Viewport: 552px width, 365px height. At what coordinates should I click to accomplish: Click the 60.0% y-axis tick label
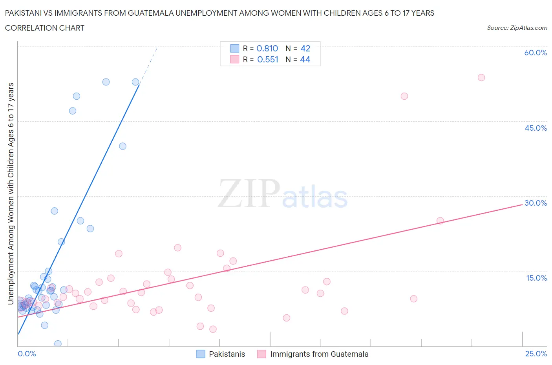click(535, 53)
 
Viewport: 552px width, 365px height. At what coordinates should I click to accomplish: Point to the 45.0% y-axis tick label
click(536, 128)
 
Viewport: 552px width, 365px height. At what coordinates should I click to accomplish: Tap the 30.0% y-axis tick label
click(536, 203)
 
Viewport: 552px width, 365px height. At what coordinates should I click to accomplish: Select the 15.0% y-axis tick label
click(536, 278)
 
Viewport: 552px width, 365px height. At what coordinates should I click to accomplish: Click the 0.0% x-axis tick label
click(27, 354)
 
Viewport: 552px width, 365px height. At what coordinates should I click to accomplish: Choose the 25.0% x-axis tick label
click(536, 354)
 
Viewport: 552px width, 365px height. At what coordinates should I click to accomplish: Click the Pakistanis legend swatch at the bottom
click(201, 354)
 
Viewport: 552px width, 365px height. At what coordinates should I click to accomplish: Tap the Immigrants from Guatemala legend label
click(319, 354)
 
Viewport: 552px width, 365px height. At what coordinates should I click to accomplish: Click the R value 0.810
click(267, 48)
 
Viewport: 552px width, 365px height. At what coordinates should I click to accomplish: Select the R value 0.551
click(267, 59)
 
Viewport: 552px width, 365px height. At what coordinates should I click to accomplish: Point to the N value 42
click(305, 48)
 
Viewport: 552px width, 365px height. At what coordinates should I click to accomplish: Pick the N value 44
click(305, 59)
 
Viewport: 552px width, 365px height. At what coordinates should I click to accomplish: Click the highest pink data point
click(481, 77)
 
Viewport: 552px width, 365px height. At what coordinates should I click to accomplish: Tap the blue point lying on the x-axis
click(58, 344)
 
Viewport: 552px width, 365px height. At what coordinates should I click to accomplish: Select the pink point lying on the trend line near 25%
click(440, 221)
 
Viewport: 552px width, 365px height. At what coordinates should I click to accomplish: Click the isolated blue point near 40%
click(122, 146)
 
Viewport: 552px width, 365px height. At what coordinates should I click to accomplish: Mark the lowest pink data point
click(213, 329)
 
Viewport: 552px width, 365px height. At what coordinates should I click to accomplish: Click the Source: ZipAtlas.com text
click(517, 27)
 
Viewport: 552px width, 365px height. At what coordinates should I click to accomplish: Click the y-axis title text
click(11, 193)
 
